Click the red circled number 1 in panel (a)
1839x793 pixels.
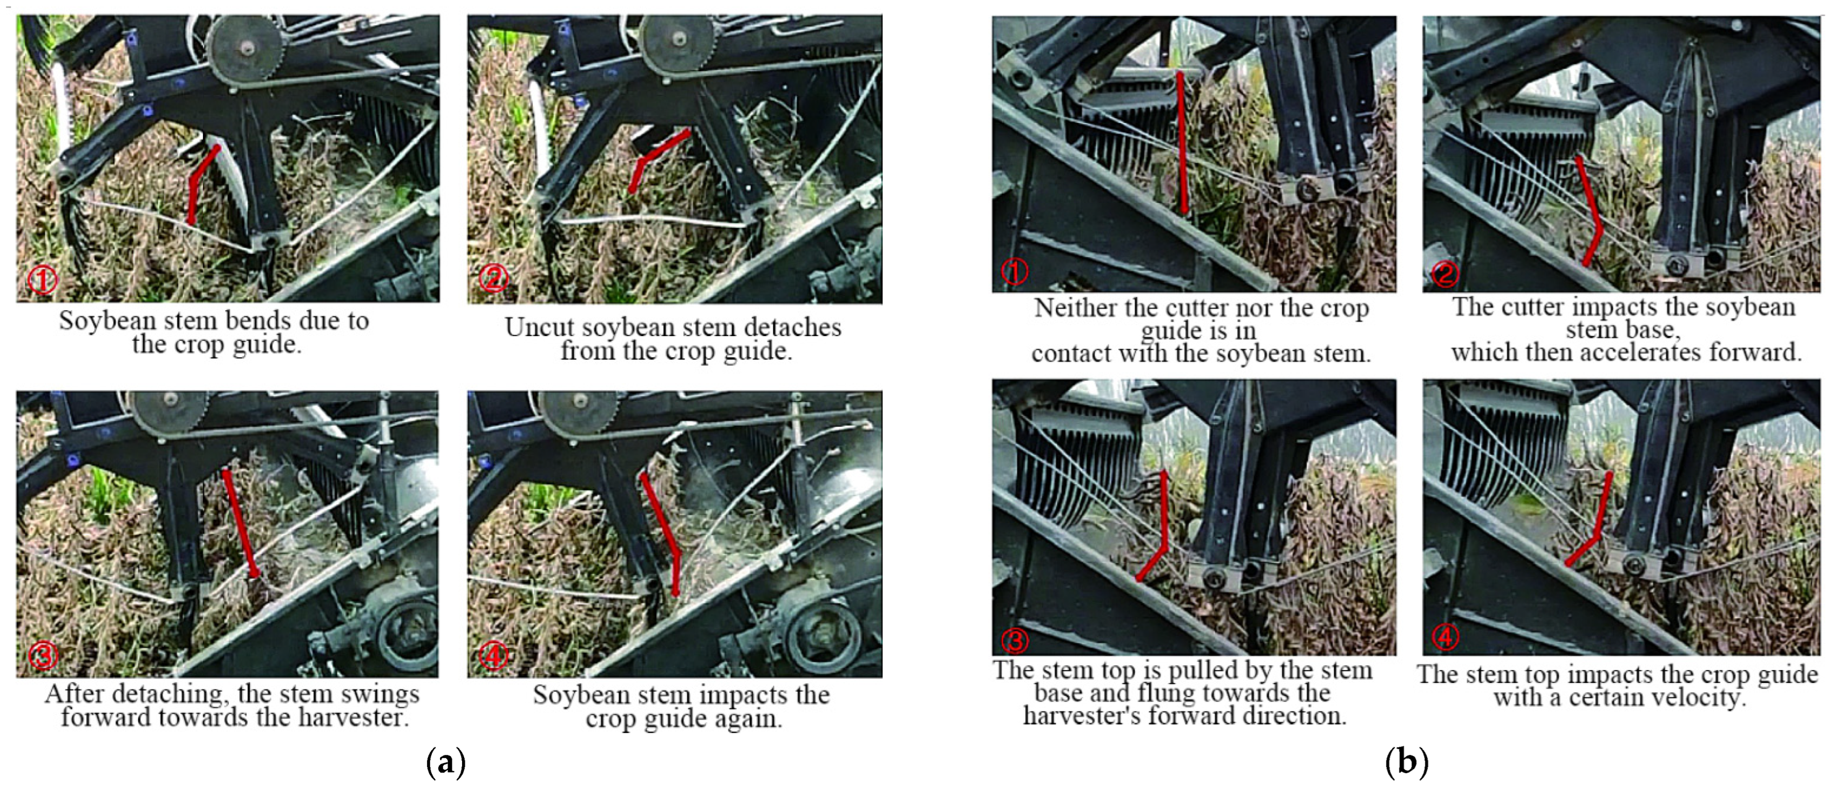click(42, 280)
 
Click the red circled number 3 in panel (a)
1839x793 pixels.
click(42, 654)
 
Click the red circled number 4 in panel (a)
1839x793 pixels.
click(493, 654)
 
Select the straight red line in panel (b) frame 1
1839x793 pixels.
click(1182, 143)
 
